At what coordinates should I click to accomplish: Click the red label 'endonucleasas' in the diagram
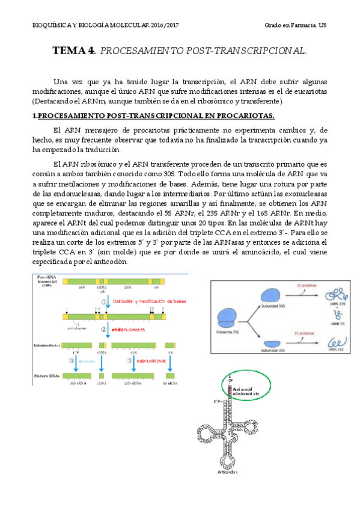[x=127, y=330]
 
